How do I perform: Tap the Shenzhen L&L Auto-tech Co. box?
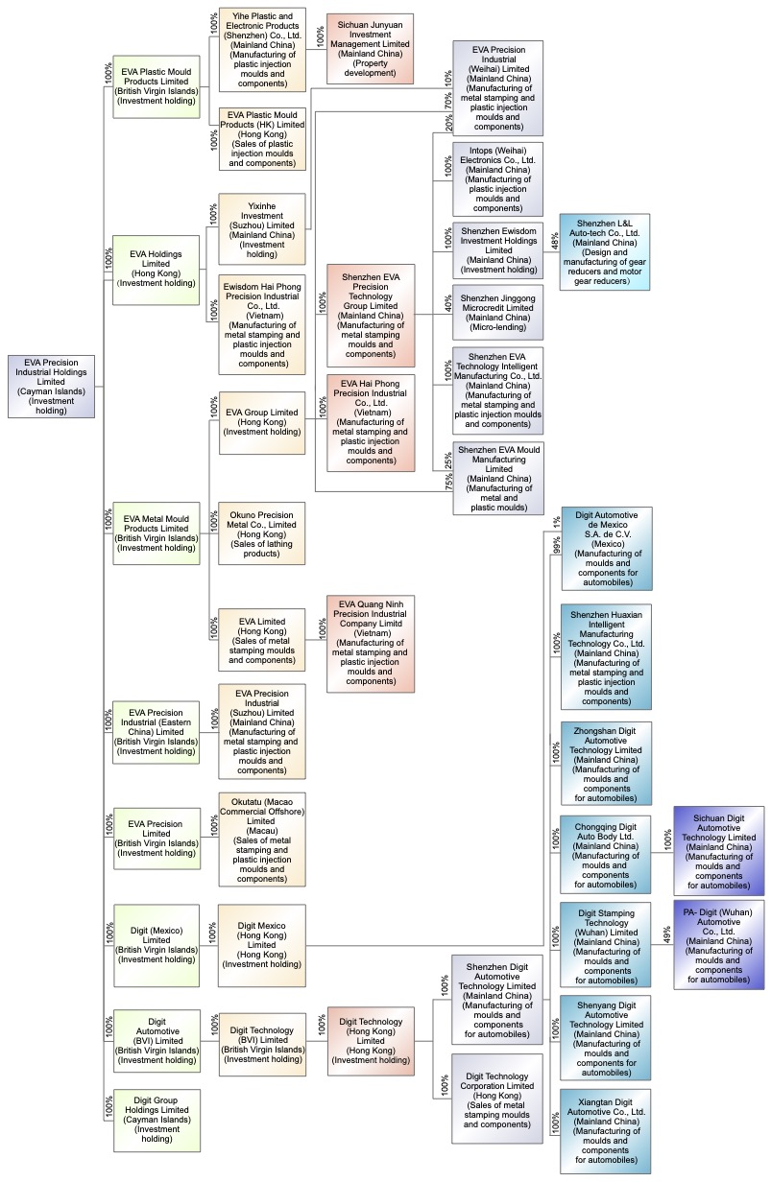click(x=605, y=251)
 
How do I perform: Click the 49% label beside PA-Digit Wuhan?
click(x=667, y=934)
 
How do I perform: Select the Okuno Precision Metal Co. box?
click(x=262, y=532)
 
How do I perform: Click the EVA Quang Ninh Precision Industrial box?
click(x=371, y=643)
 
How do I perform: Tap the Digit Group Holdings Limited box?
click(x=157, y=1119)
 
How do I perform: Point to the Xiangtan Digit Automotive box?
click(x=606, y=1130)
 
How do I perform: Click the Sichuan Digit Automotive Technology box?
click(x=719, y=850)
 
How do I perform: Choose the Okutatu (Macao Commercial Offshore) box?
click(x=262, y=839)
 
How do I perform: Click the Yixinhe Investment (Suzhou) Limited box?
click(x=262, y=228)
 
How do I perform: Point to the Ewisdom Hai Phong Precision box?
click(x=262, y=324)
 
